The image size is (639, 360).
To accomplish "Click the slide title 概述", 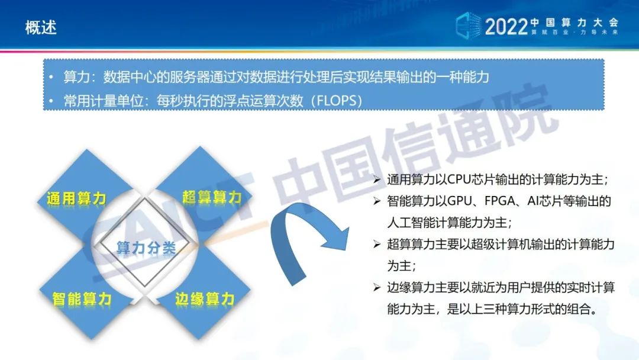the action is coord(41,28).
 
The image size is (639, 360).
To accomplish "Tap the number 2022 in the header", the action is coord(506,27).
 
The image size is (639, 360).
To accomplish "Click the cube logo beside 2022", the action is coord(468,25).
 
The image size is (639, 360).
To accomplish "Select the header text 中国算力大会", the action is coord(575,22).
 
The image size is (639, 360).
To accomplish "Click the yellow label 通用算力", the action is coord(76,198).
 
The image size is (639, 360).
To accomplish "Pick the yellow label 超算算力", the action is coord(212,197).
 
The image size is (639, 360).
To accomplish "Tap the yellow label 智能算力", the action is coord(82,299).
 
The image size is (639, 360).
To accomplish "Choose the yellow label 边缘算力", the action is coord(205,299).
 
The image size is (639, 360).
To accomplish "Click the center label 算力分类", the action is coord(146,247).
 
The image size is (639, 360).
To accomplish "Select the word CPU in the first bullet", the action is coord(459,179).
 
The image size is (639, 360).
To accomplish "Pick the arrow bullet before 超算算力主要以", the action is coord(377,244).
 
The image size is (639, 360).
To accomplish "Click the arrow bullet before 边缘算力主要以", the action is coord(377,287).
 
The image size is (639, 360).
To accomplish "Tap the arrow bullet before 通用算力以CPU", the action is coord(377,179).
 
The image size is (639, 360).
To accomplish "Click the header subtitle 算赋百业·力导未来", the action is coord(575,32).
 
